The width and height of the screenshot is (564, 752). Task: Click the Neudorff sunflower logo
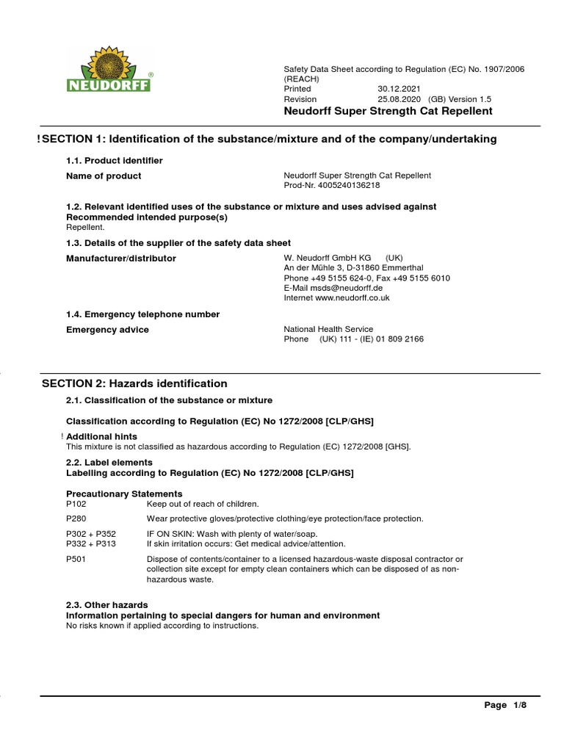tap(109, 70)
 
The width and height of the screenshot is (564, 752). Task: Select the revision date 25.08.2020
tap(402, 99)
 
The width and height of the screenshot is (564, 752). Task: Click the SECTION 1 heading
tap(269, 140)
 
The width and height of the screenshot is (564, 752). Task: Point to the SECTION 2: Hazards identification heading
tap(134, 384)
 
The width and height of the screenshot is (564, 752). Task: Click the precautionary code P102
tap(76, 504)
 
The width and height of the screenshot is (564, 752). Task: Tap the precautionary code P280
tap(76, 518)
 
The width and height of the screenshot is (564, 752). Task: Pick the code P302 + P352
tap(91, 534)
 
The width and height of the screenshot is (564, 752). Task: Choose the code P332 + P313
tap(91, 543)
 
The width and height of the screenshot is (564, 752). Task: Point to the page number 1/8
tap(520, 706)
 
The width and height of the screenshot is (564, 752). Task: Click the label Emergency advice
tap(107, 330)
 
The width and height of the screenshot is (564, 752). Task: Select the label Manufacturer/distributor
tap(121, 258)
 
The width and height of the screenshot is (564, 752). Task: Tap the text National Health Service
tap(328, 330)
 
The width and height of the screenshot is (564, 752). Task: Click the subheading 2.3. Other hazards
tap(107, 605)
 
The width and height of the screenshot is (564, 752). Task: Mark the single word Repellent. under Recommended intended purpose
tap(85, 228)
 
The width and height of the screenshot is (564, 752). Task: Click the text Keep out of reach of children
tap(203, 504)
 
